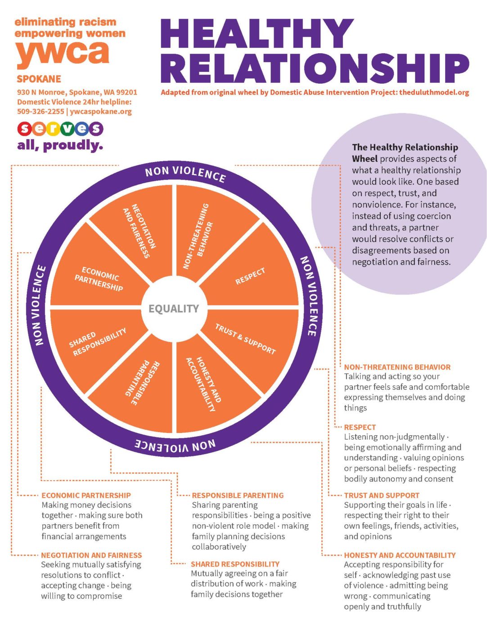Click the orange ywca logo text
[x=63, y=53]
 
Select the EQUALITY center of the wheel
[x=174, y=309]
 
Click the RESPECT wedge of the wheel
[x=250, y=276]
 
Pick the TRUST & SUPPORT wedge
[x=245, y=339]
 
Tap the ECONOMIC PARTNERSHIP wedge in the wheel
[x=99, y=279]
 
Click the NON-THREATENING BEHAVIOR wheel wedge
[x=198, y=236]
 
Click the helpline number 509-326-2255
[x=41, y=112]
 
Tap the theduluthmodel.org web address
[x=434, y=92]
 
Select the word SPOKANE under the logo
[x=39, y=79]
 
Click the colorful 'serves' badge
[x=60, y=129]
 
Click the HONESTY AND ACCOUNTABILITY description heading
[x=400, y=555]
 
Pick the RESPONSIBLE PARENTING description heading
[x=238, y=495]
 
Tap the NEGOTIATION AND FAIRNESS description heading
[x=91, y=555]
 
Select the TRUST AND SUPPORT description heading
[x=382, y=495]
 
